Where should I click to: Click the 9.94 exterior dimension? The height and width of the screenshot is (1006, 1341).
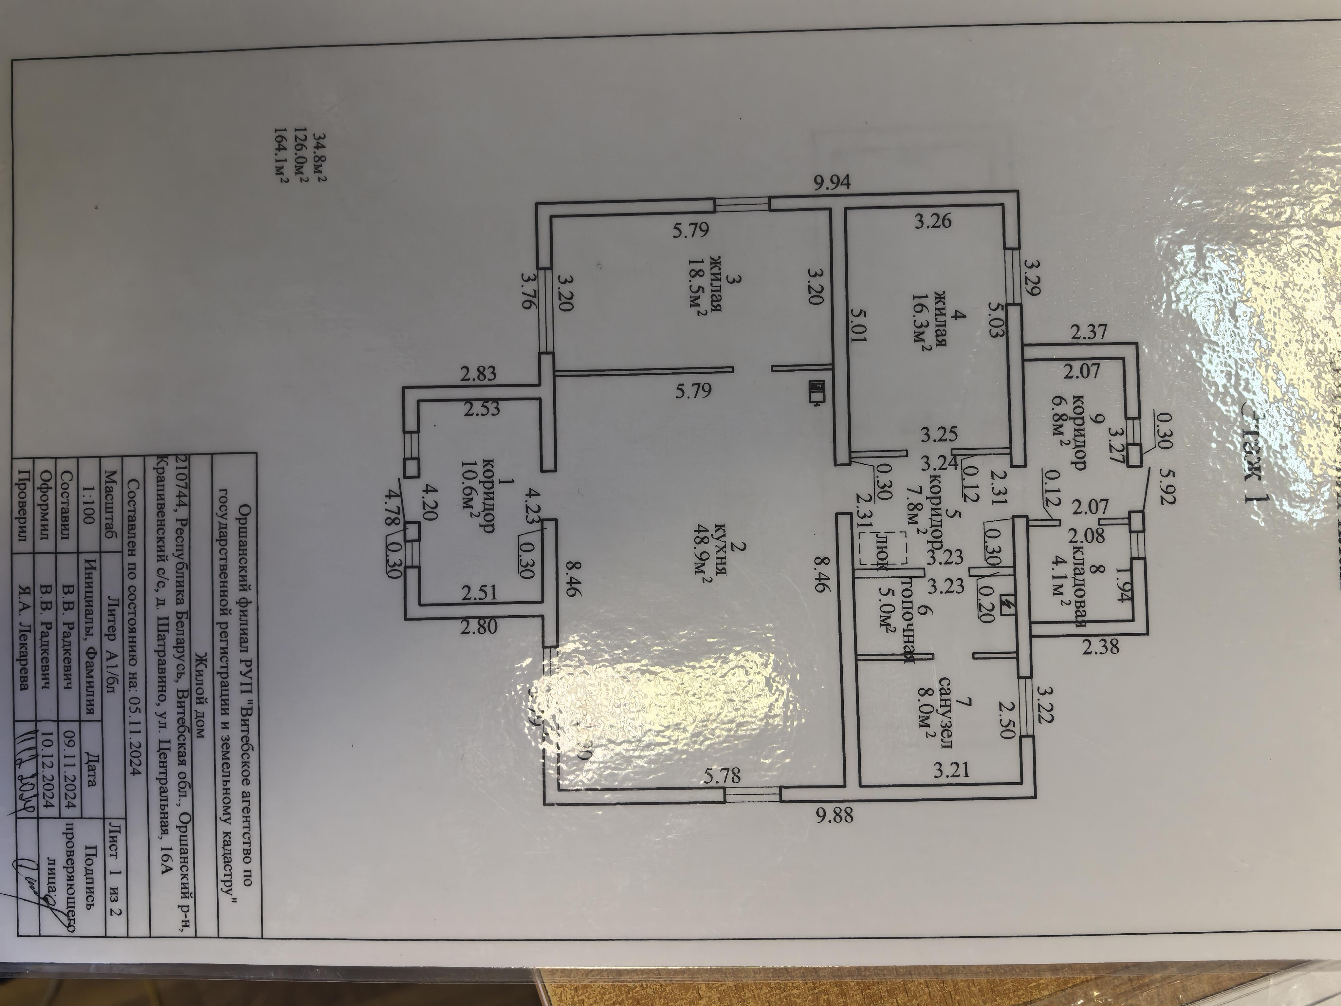point(832,182)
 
